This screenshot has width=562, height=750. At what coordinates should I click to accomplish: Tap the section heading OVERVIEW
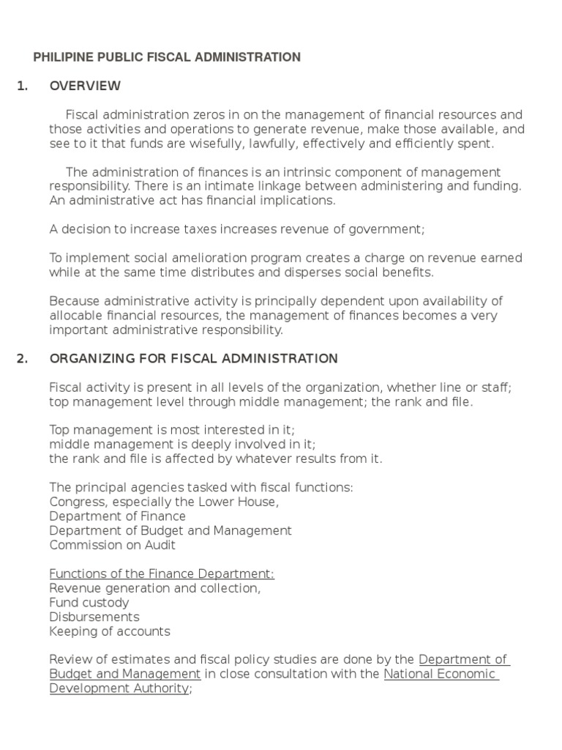85,86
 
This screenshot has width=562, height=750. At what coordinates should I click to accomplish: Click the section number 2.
22,358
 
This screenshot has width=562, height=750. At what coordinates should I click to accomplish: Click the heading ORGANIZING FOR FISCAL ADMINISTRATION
193,358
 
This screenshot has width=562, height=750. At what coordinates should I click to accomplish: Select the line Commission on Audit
112,545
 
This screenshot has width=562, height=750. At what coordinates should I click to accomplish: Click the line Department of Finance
117,516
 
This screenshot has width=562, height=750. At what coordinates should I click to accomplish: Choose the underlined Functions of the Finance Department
162,573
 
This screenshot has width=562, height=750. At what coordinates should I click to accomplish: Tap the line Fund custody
89,602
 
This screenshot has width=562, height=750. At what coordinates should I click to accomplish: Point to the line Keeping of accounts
109,631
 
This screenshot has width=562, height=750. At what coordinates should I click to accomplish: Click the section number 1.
22,86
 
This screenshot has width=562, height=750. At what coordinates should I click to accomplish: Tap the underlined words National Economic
440,674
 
